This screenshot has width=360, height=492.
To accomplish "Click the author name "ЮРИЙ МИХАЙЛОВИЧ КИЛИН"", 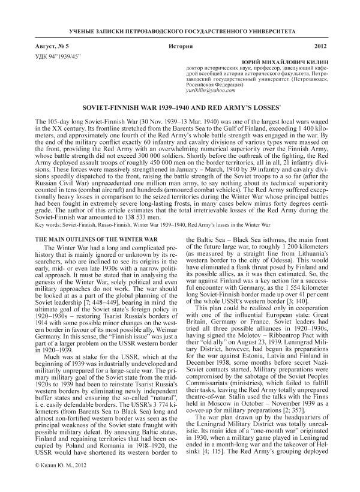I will click(285, 63).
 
